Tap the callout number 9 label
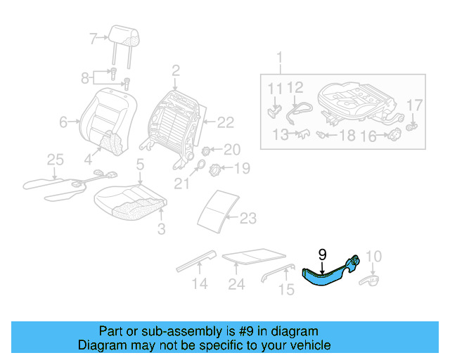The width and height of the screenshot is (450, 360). (x=322, y=255)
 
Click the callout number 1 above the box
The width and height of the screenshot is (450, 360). (x=279, y=58)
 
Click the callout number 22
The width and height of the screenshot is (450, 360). (x=224, y=122)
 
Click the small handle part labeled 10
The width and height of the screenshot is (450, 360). (x=368, y=281)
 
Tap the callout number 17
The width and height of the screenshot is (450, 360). (x=415, y=105)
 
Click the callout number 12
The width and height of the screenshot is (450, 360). (x=295, y=88)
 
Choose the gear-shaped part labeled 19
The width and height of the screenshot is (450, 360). (x=217, y=169)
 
